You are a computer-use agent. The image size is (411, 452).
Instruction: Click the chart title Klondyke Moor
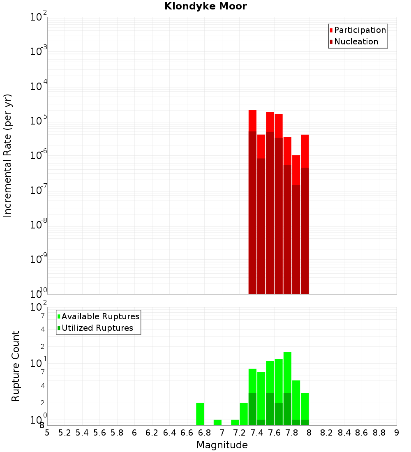click(x=205, y=6)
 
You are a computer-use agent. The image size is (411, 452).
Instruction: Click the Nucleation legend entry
click(x=356, y=42)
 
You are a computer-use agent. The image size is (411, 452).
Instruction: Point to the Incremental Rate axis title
click(x=8, y=155)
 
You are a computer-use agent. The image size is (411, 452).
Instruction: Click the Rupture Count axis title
click(x=16, y=366)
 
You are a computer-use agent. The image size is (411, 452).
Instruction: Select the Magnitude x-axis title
click(x=222, y=445)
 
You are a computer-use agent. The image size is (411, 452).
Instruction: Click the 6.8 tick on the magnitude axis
click(x=204, y=433)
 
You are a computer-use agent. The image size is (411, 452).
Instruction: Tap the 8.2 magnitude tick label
click(x=327, y=433)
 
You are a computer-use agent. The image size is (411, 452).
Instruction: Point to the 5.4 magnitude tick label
click(x=82, y=433)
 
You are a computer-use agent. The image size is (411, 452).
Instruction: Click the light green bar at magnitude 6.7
click(x=200, y=414)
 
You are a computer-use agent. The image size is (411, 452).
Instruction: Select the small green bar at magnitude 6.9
click(x=217, y=422)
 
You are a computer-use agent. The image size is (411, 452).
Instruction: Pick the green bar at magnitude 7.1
click(x=235, y=422)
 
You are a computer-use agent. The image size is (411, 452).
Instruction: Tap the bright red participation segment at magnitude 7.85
click(x=296, y=170)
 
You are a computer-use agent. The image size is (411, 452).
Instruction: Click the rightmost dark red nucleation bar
click(x=305, y=231)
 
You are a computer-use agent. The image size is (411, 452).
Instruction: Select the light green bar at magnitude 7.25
click(x=244, y=414)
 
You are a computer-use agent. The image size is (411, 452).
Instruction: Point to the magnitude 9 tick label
click(x=397, y=433)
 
